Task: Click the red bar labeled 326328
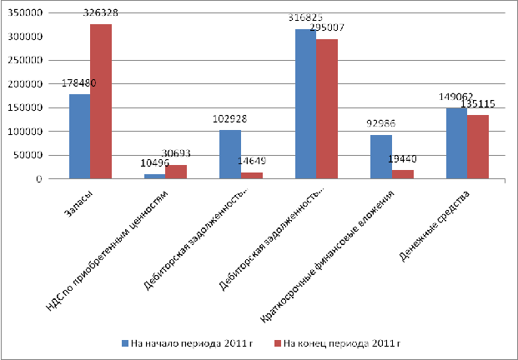click(x=101, y=101)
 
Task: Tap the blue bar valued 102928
click(x=230, y=154)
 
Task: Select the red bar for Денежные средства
click(x=478, y=147)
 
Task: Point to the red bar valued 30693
click(x=177, y=172)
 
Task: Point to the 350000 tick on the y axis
click(x=31, y=13)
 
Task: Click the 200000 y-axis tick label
click(x=31, y=84)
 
